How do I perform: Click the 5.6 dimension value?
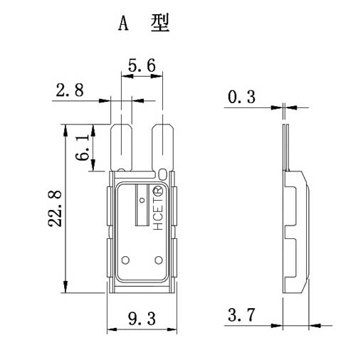pos(142,65)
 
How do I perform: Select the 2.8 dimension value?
pos(70,90)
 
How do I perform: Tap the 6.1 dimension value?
pos(83,147)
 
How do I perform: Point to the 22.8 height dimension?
pos(55,208)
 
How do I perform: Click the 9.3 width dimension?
pos(142,319)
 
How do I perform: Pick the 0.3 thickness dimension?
pos(241,97)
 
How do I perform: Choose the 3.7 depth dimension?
pos(241,314)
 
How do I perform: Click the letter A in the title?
pos(123,24)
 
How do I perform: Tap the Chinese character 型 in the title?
pos(160,23)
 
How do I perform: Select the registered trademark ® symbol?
pos(158,191)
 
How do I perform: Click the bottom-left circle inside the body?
pos(125,260)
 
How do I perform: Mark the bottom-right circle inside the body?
pos(159,260)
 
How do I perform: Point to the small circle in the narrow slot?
pos(142,201)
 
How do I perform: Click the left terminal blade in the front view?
pos(122,147)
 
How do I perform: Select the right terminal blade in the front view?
pos(163,147)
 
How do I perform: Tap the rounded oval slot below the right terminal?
pos(162,174)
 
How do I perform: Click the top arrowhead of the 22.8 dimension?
pos(65,130)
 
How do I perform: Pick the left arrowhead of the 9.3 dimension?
pos(112,329)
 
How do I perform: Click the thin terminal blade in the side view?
pos(286,147)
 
